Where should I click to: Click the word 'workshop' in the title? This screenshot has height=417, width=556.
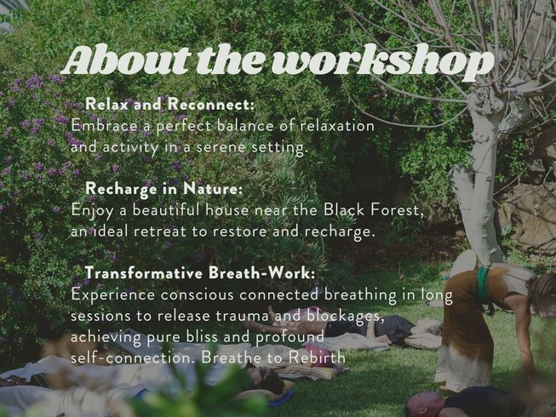point(383,63)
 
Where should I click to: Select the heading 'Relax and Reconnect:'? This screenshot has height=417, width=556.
point(170,104)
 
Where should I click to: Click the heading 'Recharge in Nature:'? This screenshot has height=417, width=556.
point(164,188)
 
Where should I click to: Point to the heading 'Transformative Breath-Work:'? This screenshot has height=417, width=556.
point(200,273)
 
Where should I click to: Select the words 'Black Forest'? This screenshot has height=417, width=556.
point(374,210)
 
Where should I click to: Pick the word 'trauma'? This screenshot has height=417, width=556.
point(242,316)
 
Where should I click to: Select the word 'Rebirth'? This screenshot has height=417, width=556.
point(316,357)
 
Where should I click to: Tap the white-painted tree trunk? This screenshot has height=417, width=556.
point(479,177)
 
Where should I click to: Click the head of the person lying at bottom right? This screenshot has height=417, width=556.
point(424,404)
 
